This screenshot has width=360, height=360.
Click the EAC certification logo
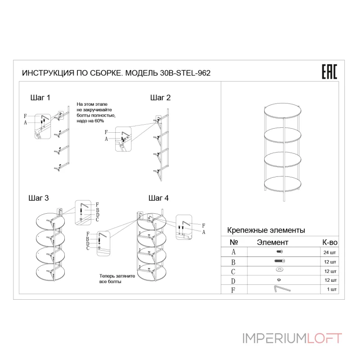click(x=328, y=72)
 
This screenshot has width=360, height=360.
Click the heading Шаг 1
click(x=40, y=97)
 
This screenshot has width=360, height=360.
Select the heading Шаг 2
click(x=160, y=97)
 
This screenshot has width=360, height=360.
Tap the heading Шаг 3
click(x=38, y=198)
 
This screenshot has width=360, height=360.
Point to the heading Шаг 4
click(x=158, y=198)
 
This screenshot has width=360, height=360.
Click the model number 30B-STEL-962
click(x=185, y=73)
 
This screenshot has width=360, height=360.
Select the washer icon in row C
click(x=279, y=270)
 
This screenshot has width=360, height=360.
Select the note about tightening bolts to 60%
click(x=96, y=112)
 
